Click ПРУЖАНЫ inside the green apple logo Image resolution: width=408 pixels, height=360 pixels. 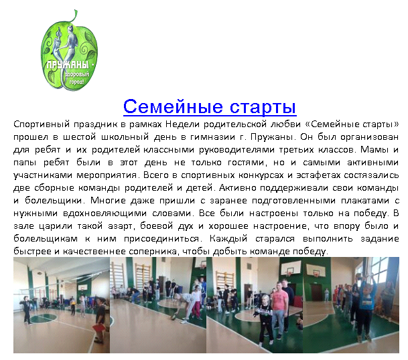coord(68,65)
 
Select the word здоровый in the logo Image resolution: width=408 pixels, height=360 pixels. coord(76,75)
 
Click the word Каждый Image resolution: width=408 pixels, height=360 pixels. coord(228,239)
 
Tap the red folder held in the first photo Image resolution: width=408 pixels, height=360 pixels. coord(98,328)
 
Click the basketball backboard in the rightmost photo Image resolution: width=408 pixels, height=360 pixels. coord(316,272)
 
